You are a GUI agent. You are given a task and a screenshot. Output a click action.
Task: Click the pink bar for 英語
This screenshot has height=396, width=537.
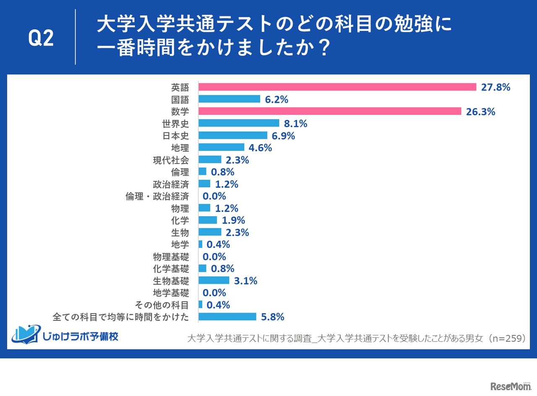[337, 87]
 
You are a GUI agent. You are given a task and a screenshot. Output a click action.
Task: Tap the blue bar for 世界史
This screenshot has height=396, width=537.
[238, 123]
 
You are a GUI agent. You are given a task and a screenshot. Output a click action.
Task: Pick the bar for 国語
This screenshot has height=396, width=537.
[229, 99]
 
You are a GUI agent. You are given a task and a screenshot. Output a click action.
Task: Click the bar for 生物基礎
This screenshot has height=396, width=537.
[214, 280]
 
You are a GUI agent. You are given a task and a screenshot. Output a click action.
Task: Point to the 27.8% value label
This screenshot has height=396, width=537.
[495, 87]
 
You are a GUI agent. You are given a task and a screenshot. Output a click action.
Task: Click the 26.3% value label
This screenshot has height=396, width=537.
[481, 111]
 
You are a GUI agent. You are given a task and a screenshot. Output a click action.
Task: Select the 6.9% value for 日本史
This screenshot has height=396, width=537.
[283, 136]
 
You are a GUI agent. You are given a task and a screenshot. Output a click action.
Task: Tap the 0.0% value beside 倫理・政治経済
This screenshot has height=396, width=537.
[214, 196]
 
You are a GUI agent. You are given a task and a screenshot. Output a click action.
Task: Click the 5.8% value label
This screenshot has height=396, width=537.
[272, 317]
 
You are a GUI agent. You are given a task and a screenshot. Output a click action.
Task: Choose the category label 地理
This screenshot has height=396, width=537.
[180, 148]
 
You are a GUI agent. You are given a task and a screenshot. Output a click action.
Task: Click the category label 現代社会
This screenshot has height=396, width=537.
[171, 160]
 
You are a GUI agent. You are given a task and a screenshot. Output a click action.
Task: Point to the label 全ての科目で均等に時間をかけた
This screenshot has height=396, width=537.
[121, 317]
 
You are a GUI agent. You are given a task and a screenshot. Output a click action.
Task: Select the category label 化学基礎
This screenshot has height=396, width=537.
[171, 269]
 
